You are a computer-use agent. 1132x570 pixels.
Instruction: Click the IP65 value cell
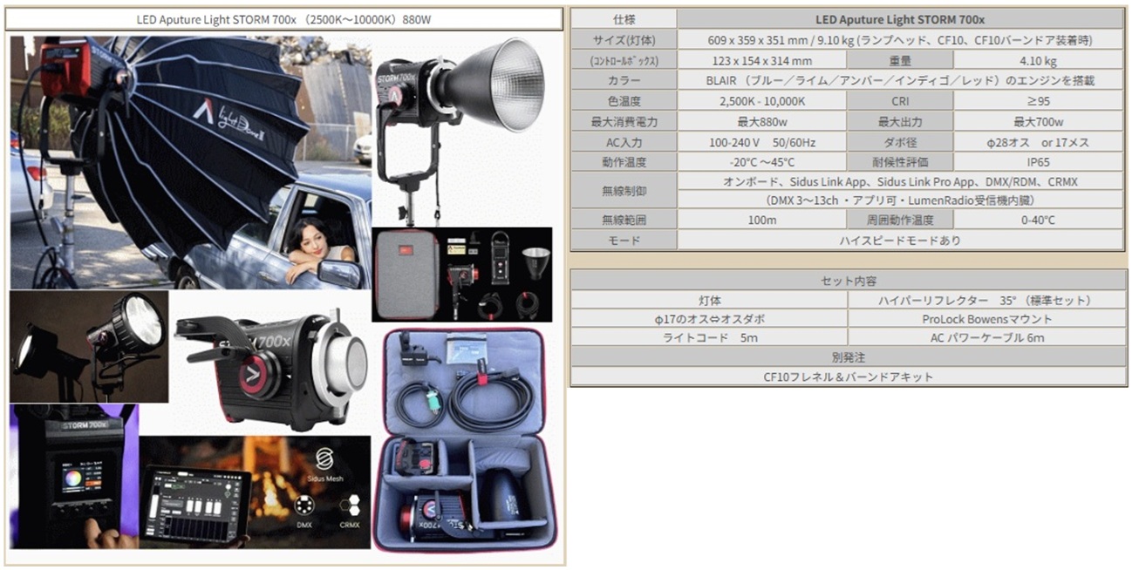click(1038, 162)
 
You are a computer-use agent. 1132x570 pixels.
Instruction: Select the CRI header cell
click(899, 101)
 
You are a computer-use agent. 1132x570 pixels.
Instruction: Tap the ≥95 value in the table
click(1038, 101)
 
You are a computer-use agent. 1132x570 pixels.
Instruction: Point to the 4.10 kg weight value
click(1038, 61)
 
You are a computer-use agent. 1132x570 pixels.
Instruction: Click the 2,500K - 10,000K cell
click(761, 101)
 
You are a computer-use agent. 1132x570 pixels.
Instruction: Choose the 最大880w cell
click(761, 122)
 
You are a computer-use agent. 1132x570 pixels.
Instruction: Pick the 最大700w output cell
click(1038, 122)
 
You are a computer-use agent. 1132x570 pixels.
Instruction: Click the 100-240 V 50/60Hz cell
click(761, 142)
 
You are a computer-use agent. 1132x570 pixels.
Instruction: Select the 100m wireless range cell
click(761, 221)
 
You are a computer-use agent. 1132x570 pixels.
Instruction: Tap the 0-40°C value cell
click(1038, 221)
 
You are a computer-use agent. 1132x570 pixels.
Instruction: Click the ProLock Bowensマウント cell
click(987, 319)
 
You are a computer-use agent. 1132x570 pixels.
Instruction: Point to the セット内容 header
click(849, 281)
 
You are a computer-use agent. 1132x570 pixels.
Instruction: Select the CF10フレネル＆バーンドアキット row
click(849, 377)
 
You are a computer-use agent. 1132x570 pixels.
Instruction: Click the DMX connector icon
click(304, 505)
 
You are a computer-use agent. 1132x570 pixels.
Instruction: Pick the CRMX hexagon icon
click(349, 506)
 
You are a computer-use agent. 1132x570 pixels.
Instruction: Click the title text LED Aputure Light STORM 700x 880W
click(283, 20)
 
